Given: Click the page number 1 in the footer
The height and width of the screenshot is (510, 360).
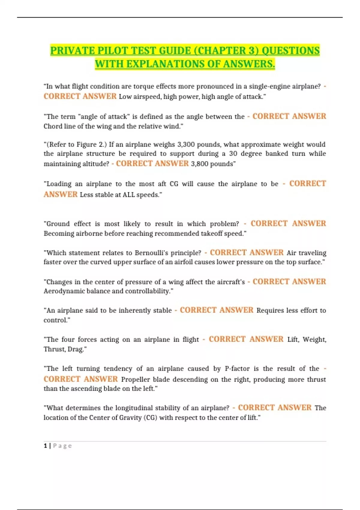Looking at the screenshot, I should click(45, 446).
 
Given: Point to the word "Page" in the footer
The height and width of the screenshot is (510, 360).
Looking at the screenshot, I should click(62, 446).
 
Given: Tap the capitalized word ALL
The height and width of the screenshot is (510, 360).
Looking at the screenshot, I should click(128, 195).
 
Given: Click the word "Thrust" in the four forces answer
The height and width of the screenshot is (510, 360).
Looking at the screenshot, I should click(53, 349).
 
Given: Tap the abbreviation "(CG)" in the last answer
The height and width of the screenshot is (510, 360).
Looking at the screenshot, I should click(150, 418).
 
